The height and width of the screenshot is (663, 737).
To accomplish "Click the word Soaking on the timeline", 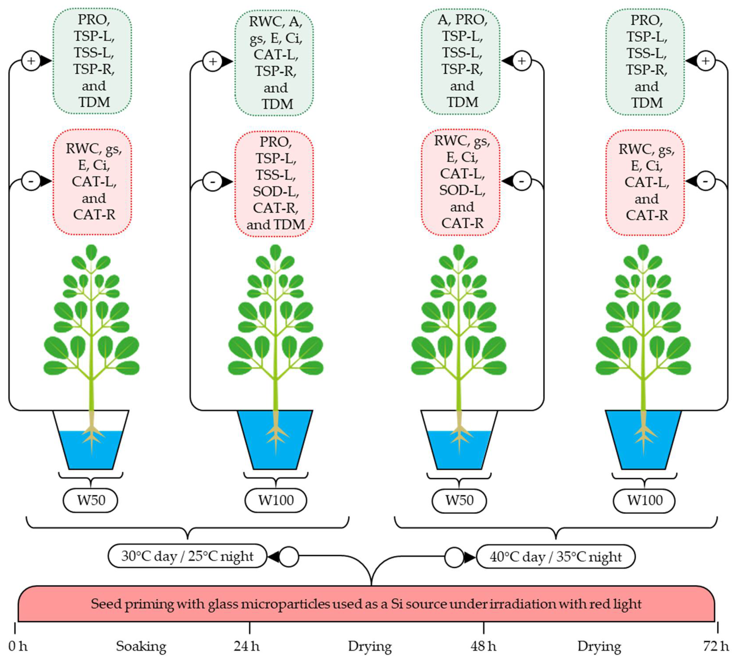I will (x=141, y=647).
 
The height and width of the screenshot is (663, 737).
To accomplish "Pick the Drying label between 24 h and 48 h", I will (x=370, y=647).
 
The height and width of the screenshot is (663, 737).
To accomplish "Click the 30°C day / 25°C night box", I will (x=187, y=556).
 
